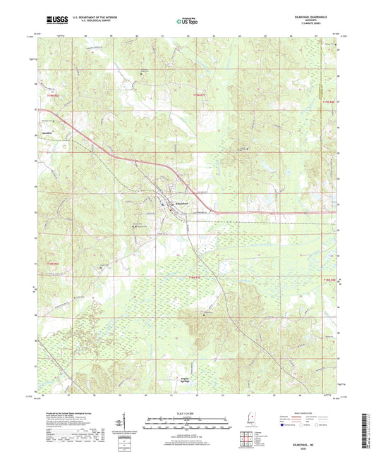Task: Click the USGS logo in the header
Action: click(52, 21)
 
